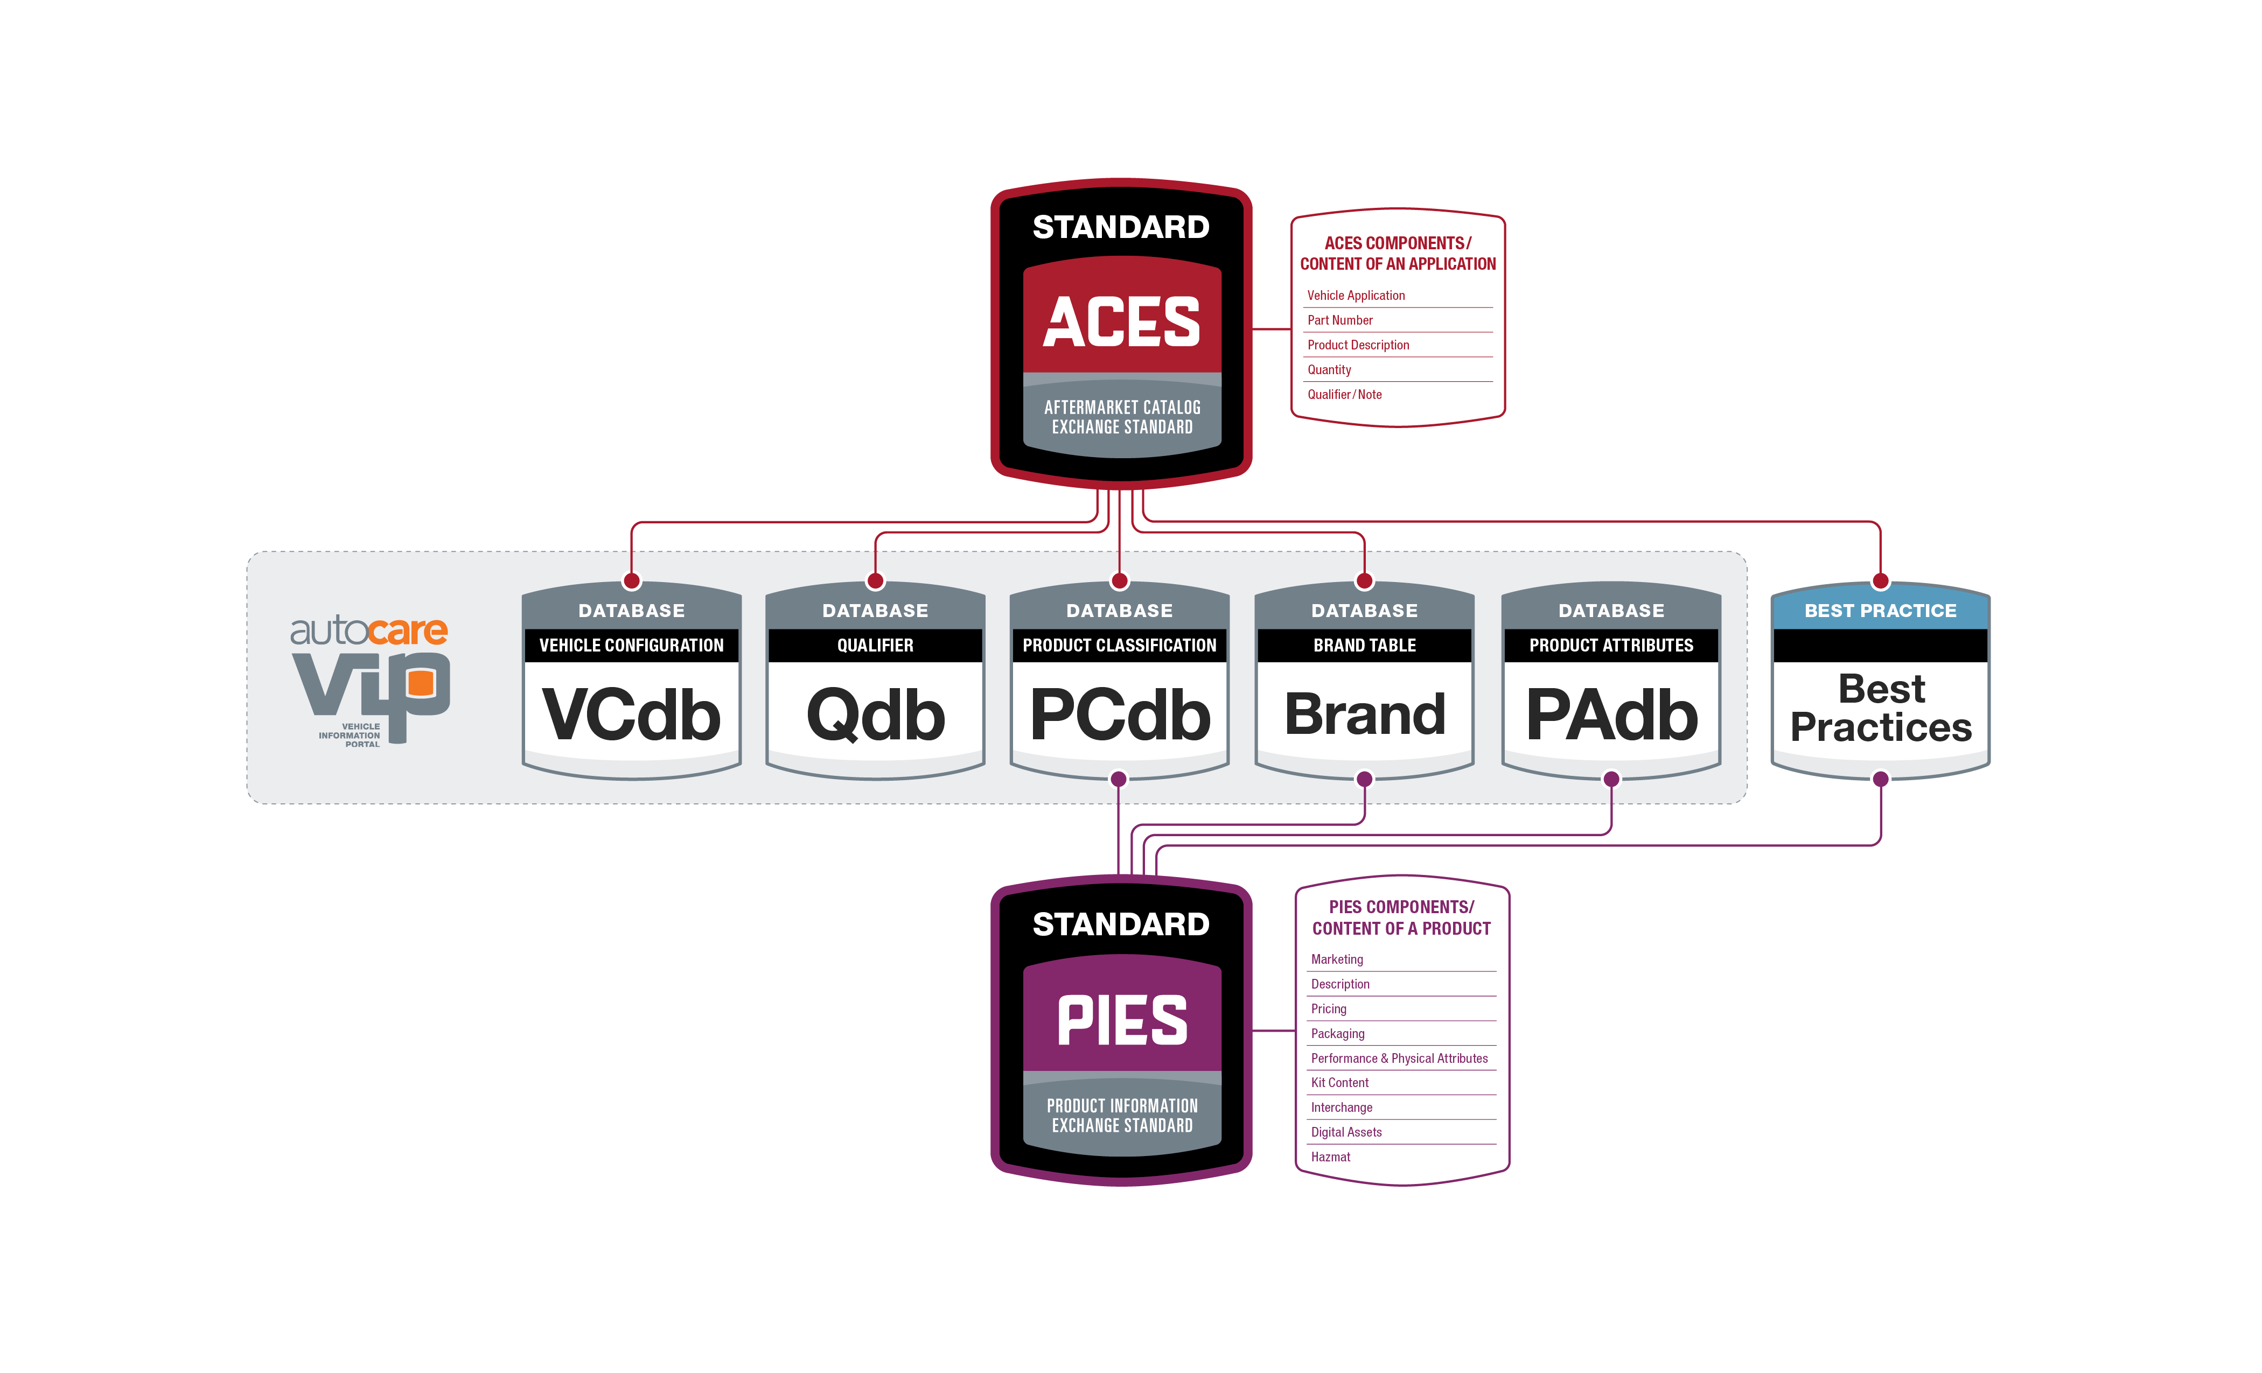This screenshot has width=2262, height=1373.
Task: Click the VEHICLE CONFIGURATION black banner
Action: (632, 645)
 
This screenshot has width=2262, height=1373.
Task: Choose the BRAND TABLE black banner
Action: (1364, 645)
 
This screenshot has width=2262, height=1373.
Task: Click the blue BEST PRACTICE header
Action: (1880, 611)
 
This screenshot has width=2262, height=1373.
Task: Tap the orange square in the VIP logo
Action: (421, 682)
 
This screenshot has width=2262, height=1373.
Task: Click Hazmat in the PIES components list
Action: (1330, 1157)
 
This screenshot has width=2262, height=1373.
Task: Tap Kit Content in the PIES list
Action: (1339, 1083)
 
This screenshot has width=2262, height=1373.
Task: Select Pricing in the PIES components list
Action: (1328, 1008)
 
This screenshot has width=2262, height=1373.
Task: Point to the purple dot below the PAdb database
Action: (1611, 779)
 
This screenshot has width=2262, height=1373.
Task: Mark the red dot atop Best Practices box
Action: (1880, 581)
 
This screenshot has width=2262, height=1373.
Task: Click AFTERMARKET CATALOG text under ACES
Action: (1122, 407)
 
